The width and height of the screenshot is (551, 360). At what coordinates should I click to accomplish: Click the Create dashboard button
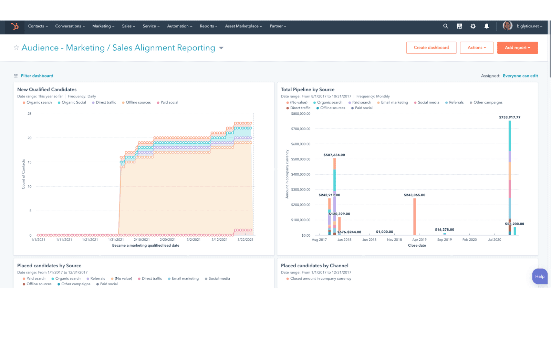click(x=431, y=48)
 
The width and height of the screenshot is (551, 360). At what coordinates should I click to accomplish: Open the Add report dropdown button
click(x=517, y=48)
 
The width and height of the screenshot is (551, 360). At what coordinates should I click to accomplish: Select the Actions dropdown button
click(x=477, y=48)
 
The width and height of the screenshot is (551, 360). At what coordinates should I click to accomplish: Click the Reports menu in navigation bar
click(x=208, y=26)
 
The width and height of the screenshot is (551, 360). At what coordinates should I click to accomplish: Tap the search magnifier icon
click(x=446, y=26)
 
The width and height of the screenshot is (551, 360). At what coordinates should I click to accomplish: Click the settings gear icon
click(x=473, y=26)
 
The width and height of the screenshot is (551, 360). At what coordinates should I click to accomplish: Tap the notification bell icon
click(x=487, y=26)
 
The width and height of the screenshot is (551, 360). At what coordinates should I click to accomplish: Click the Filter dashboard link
click(x=37, y=76)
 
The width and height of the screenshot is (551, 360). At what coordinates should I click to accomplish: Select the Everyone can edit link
click(x=520, y=76)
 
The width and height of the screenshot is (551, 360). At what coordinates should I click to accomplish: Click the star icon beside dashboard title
click(x=16, y=48)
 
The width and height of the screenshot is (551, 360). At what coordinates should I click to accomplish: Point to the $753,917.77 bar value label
click(x=509, y=117)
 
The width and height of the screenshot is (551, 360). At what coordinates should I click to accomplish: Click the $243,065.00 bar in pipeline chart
click(x=414, y=217)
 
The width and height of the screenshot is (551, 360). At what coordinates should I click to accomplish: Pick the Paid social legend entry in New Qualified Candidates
click(x=169, y=103)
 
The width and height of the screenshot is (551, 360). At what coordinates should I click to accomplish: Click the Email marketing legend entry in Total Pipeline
click(x=394, y=103)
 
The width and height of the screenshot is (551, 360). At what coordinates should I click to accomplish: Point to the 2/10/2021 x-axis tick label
click(x=142, y=240)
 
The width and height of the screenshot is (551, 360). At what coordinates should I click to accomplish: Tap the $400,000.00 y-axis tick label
click(x=301, y=174)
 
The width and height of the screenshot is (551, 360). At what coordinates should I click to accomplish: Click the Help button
click(x=540, y=276)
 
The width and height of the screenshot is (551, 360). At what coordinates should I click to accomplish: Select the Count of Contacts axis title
click(x=23, y=174)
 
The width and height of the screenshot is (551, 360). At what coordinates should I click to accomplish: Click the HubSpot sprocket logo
click(x=15, y=27)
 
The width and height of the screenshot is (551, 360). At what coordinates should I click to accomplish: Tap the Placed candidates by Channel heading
click(x=314, y=266)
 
